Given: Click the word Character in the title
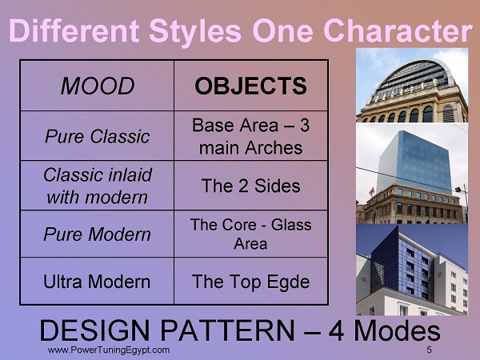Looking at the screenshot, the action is point(398,30).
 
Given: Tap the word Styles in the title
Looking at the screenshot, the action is point(195,32).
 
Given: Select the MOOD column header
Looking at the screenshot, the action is point(98,86).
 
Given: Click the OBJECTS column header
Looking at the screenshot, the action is point(250,86).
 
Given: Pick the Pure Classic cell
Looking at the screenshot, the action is point(98,136).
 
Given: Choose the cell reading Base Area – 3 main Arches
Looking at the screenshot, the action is point(250,136).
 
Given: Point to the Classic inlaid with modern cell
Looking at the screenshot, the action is point(98,186).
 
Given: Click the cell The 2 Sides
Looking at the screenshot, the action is point(250,186).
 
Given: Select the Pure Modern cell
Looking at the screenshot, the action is point(98,234).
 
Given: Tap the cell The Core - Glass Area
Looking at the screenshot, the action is point(250,234).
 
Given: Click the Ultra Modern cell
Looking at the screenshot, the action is point(97,282).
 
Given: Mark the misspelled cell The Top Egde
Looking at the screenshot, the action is point(250,282).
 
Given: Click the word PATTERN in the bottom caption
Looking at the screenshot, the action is point(227,330).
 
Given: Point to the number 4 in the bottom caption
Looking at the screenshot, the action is point(336,330).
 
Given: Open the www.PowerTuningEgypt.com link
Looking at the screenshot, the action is point(109,350).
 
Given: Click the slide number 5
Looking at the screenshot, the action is point(429,350).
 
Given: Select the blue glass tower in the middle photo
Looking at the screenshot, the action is point(414,162).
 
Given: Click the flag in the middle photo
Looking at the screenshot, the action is point(372,191).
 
